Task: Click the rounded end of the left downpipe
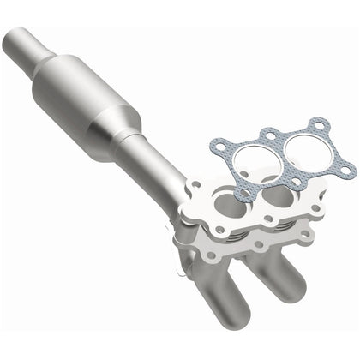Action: (x=225, y=327)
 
